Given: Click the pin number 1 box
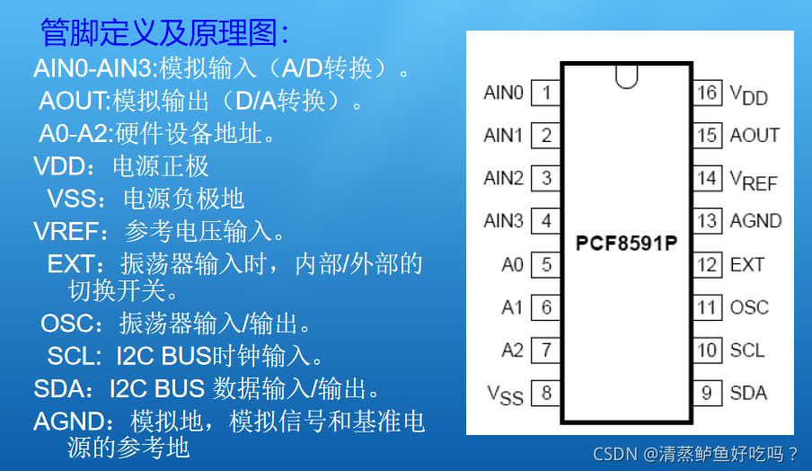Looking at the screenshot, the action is tap(546, 93).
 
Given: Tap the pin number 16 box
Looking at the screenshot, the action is tap(707, 93).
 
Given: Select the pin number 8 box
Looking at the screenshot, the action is tap(546, 393).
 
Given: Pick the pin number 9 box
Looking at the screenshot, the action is tap(707, 393).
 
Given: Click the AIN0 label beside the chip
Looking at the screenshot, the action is tap(503, 93).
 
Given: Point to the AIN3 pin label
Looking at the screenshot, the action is tap(503, 221).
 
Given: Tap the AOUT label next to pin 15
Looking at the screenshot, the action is tap(755, 136).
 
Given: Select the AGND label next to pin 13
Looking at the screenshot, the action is tap(755, 221).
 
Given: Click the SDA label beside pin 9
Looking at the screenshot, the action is tap(748, 393).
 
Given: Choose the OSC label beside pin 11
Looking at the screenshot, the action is tap(749, 307).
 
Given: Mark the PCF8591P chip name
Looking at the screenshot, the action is tap(626, 243).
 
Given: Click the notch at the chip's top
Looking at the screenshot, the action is tap(627, 77).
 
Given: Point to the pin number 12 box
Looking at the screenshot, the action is tap(707, 264).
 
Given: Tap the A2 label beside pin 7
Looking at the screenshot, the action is tap(512, 351).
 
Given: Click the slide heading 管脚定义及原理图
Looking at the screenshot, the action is tap(164, 32).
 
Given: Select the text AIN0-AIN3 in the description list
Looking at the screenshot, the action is tap(94, 68).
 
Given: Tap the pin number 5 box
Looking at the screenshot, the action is tap(546, 264).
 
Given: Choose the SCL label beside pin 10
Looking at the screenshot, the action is tap(747, 351).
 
